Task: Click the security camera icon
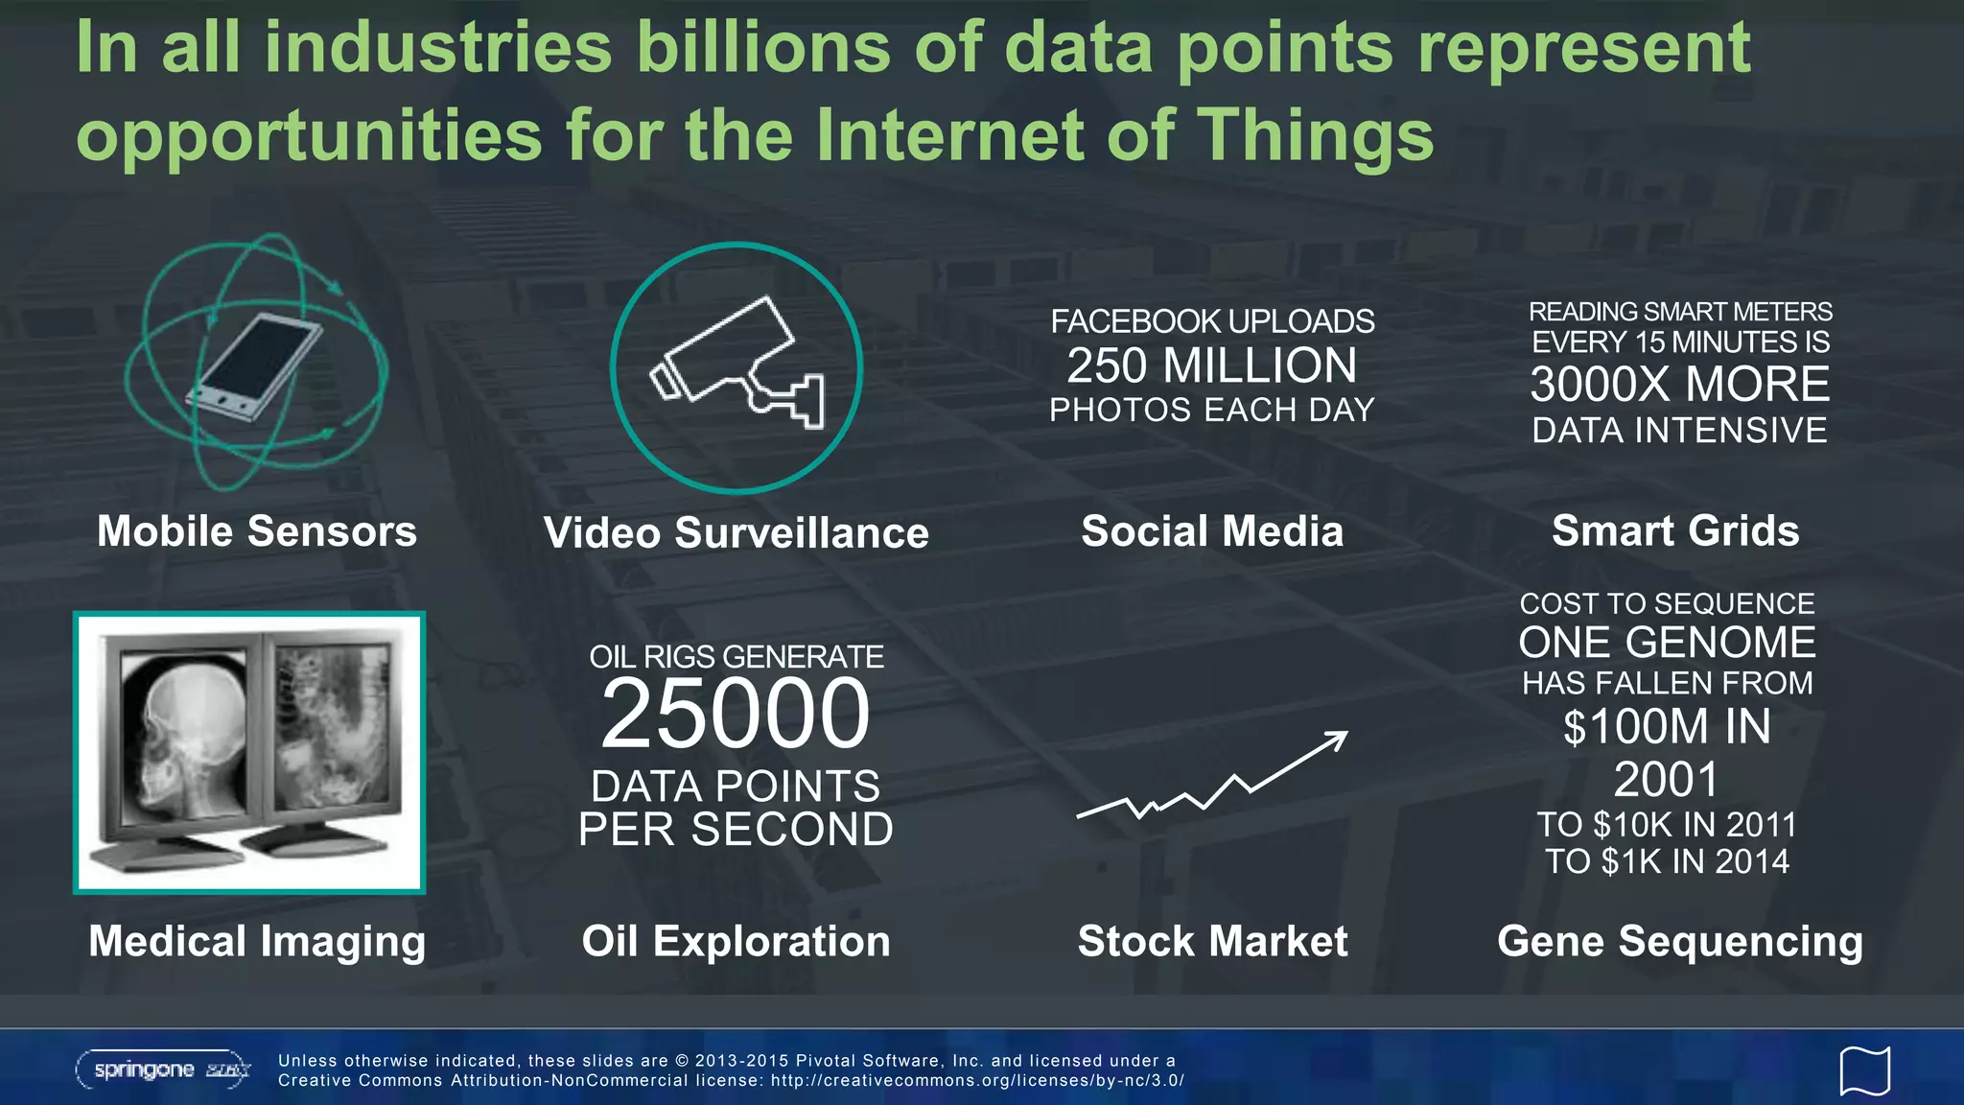coord(736,365)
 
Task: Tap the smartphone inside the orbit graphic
coord(255,367)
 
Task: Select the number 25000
coord(736,714)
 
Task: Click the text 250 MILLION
coord(1212,365)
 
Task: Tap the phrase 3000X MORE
coord(1680,385)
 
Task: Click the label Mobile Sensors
coord(257,531)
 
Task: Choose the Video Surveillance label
coord(736,533)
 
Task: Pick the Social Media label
coord(1212,531)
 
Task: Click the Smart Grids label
coord(1675,531)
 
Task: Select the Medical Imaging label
coord(257,941)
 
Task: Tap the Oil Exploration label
coord(736,941)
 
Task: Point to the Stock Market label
coord(1212,941)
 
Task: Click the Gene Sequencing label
coord(1680,941)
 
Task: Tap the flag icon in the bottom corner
coord(1864,1070)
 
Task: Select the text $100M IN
coord(1667,727)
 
